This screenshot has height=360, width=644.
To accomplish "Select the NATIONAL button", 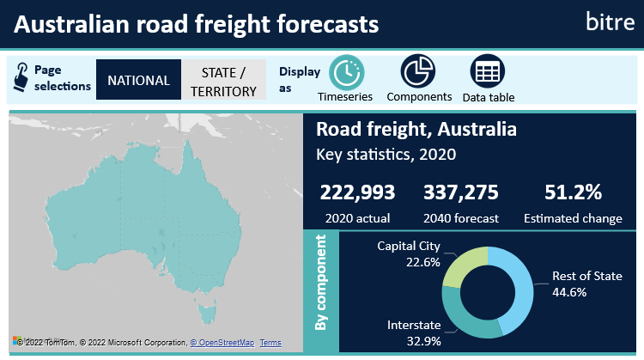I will (x=138, y=80).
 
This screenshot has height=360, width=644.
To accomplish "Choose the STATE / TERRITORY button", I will (x=223, y=81).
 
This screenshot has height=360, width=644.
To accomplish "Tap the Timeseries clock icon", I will (x=347, y=71).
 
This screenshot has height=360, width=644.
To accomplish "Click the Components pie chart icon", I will (x=418, y=71).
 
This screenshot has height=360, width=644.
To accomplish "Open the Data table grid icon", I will (x=488, y=71).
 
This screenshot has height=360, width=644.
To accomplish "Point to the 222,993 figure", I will (x=355, y=193).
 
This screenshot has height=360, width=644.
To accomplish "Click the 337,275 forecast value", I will (x=460, y=193).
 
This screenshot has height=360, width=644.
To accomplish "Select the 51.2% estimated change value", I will (x=574, y=193).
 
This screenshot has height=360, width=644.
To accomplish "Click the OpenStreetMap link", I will (x=222, y=343).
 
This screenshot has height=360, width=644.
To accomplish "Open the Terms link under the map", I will (x=270, y=343).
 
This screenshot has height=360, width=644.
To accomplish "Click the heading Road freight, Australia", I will (x=416, y=131).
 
